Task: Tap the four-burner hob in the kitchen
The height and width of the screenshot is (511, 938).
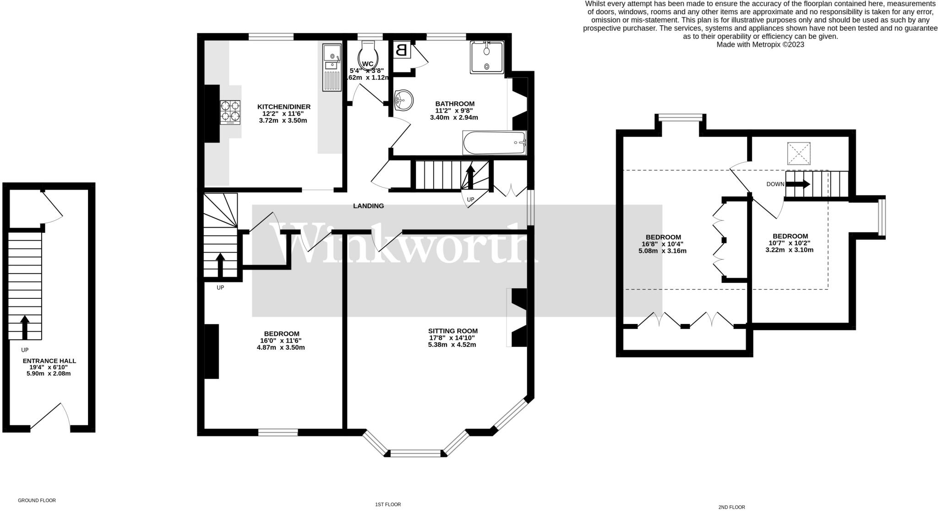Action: click(230, 112)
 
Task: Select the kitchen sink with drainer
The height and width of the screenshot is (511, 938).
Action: click(331, 67)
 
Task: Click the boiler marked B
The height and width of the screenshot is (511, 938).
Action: click(402, 50)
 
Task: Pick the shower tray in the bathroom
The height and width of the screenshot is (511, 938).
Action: click(487, 57)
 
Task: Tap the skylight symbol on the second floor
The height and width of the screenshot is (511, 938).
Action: click(799, 154)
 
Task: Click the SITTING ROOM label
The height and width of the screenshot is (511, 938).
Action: click(453, 331)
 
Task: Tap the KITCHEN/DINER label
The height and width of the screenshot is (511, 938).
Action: click(284, 107)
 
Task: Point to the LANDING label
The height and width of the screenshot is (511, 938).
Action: click(368, 206)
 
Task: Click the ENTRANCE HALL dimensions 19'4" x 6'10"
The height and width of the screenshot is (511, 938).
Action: click(49, 367)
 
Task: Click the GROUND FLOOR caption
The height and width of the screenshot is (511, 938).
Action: click(37, 500)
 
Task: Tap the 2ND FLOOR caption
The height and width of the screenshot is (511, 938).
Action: click(731, 507)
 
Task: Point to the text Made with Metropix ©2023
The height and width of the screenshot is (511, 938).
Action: click(760, 44)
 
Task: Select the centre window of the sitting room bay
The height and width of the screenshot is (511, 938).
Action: click(416, 454)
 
